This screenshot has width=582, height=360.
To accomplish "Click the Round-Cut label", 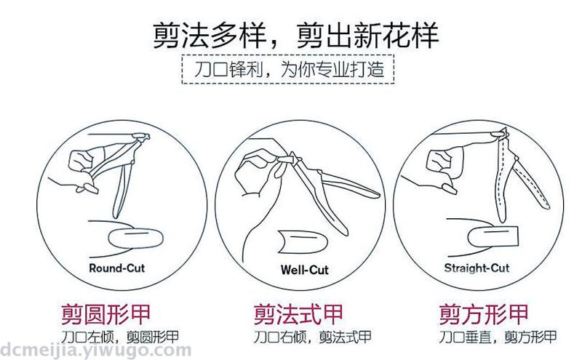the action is click(x=116, y=268).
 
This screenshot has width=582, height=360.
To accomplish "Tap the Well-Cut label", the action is click(x=304, y=269).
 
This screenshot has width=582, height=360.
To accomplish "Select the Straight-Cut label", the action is click(x=477, y=268).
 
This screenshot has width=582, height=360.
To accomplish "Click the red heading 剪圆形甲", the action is click(x=105, y=314).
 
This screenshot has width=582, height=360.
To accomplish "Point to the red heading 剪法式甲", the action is click(x=298, y=314).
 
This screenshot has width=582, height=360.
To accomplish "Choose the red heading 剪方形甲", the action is click(x=484, y=314).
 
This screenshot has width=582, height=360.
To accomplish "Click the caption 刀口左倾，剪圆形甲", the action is click(x=120, y=337).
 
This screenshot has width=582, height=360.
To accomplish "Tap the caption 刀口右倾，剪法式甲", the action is click(x=313, y=337).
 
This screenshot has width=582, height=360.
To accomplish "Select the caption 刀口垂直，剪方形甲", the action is click(x=498, y=337).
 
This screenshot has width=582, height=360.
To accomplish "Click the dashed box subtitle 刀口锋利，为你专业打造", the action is click(x=288, y=69).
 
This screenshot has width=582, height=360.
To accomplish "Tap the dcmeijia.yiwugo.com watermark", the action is click(x=95, y=351).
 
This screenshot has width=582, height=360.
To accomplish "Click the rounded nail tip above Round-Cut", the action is click(x=136, y=239).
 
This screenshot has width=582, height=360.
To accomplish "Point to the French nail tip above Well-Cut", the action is click(x=303, y=242).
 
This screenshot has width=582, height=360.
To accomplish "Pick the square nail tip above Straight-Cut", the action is click(x=493, y=236).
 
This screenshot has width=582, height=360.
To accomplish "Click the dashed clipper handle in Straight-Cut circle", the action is click(x=530, y=183).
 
